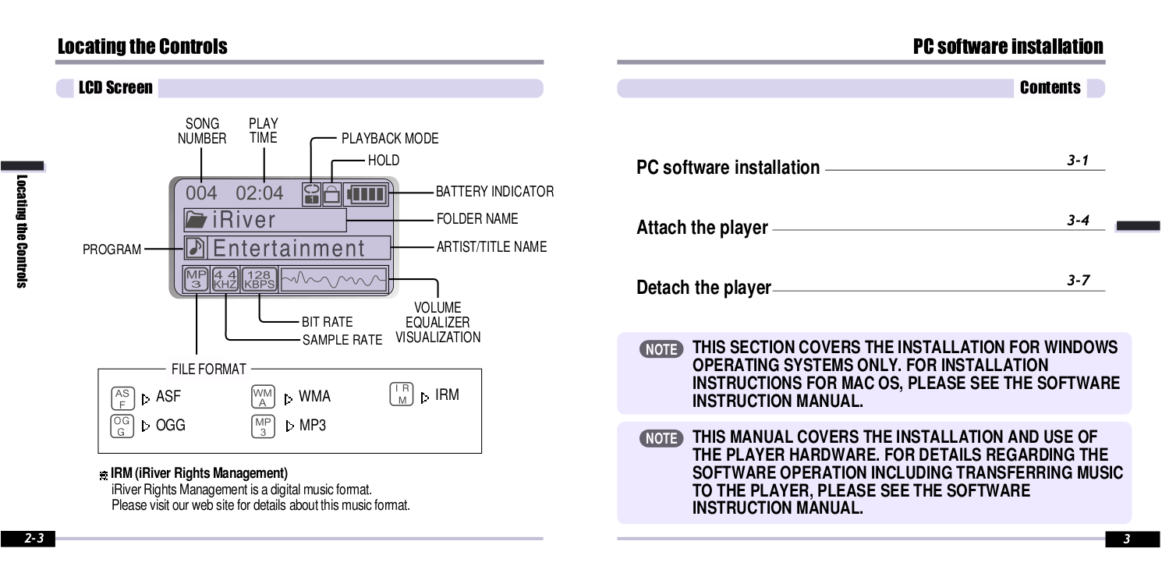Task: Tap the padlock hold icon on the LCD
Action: tap(331, 193)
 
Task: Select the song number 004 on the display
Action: tap(201, 193)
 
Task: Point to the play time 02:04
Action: tap(260, 193)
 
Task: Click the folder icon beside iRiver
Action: tap(196, 220)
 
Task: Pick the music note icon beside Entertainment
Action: tap(196, 248)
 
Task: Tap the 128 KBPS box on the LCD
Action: tap(259, 279)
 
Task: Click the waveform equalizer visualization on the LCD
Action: tap(334, 279)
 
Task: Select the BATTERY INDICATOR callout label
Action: tap(494, 192)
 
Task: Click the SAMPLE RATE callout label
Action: tap(342, 340)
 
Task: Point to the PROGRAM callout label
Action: tap(112, 249)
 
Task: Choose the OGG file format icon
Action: tap(122, 426)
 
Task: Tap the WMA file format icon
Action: tap(263, 396)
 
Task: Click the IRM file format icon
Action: tap(402, 394)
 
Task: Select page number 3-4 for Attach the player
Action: tap(1078, 221)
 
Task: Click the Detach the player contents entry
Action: tap(703, 288)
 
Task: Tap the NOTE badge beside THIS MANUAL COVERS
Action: tap(661, 438)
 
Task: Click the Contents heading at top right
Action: tap(1050, 88)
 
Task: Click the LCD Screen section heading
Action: tap(115, 88)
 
